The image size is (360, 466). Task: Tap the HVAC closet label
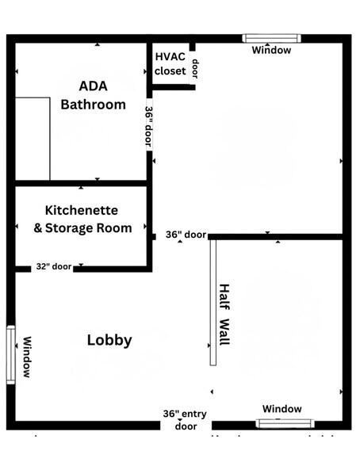coord(170,63)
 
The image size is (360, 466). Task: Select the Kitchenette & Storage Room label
coord(82,220)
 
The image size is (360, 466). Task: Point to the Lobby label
coord(109,341)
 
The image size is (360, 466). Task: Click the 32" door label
coord(53,267)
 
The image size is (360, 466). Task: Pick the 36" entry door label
coord(186,420)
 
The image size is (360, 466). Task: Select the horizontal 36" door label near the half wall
coord(186,235)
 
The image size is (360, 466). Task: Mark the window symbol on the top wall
coord(271,37)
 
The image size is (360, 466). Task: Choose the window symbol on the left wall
coord(11,354)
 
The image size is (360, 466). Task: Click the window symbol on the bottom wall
coord(285,423)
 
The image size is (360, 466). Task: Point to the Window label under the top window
coord(271,51)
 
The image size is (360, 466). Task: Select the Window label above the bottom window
coord(282,409)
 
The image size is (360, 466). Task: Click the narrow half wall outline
coord(213,302)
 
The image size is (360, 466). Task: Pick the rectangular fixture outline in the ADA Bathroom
coord(33,139)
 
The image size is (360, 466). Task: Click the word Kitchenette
coord(82,211)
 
